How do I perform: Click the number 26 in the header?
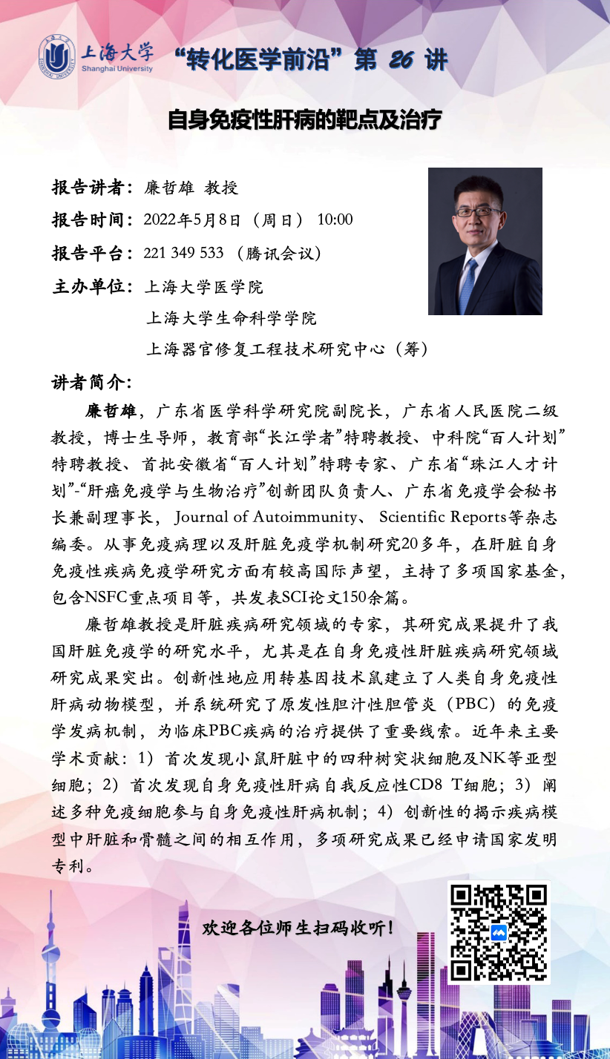(400, 60)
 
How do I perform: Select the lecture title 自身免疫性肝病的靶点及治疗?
(304, 119)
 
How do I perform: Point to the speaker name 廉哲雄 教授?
(191, 188)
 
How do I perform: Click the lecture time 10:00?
(335, 220)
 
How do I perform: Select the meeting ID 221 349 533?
(183, 253)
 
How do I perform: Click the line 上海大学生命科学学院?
(231, 318)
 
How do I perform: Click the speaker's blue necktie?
(468, 286)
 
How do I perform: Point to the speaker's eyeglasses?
(478, 212)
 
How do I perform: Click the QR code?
(498, 932)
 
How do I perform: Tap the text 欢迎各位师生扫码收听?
(298, 928)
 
